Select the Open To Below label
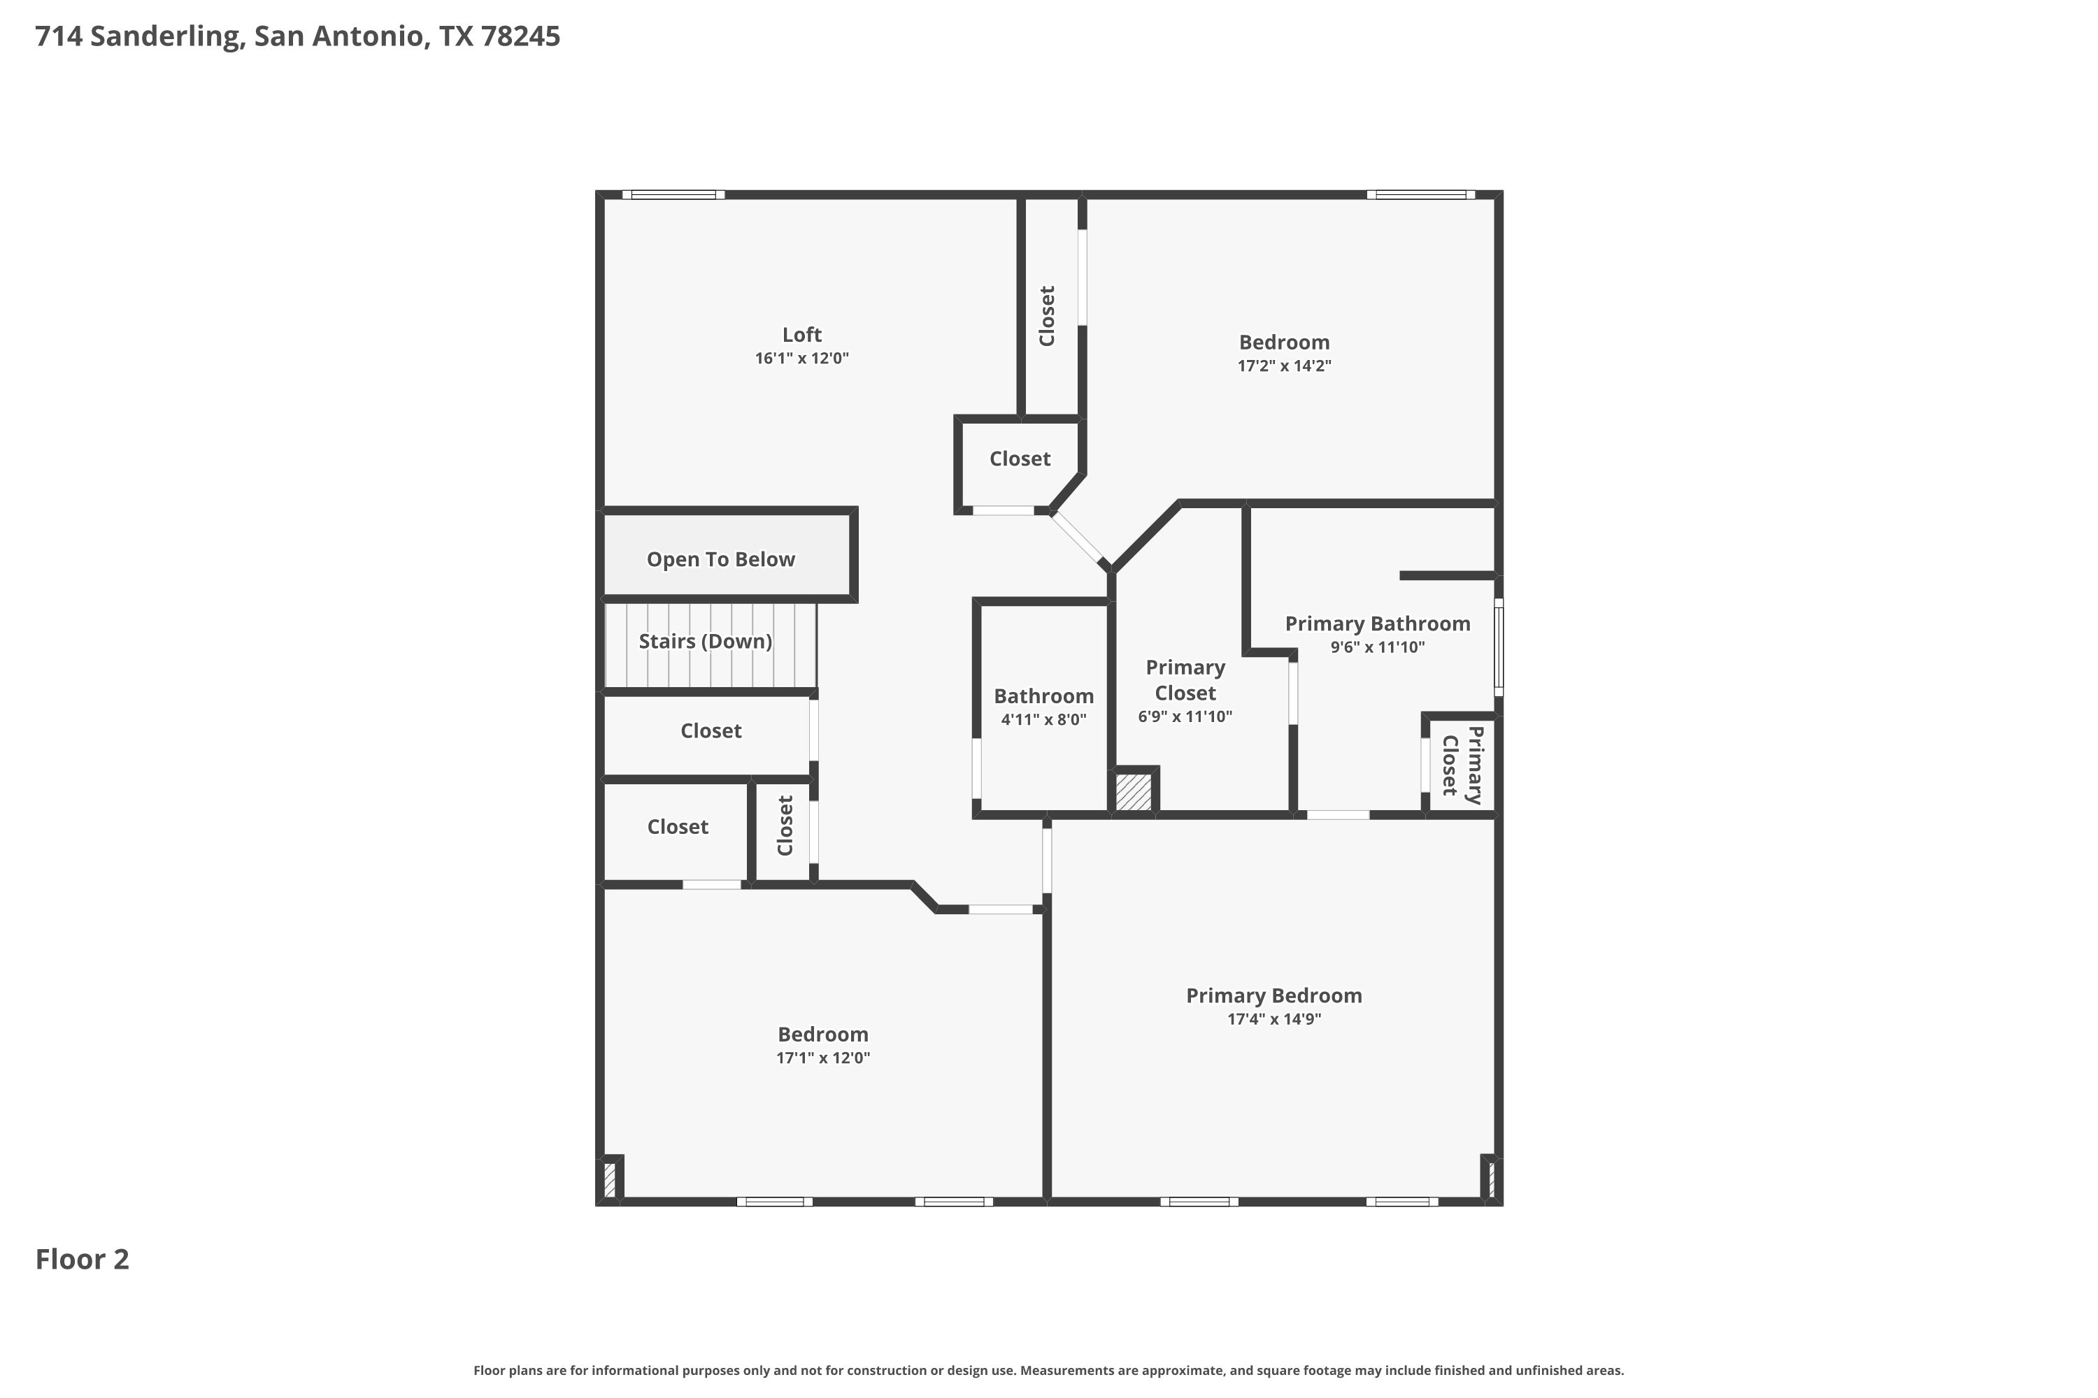[x=721, y=560]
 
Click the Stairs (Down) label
[x=705, y=641]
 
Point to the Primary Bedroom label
[x=1273, y=996]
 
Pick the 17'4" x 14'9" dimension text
[x=1273, y=1019]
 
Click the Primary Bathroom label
[x=1377, y=624]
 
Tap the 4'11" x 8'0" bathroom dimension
[x=1043, y=719]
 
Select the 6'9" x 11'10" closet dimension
[x=1185, y=716]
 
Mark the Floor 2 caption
[x=82, y=1259]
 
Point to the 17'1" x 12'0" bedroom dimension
[x=822, y=1058]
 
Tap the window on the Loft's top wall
[x=673, y=194]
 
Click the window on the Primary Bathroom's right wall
[x=1499, y=647]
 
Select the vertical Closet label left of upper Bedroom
[x=1047, y=316]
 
